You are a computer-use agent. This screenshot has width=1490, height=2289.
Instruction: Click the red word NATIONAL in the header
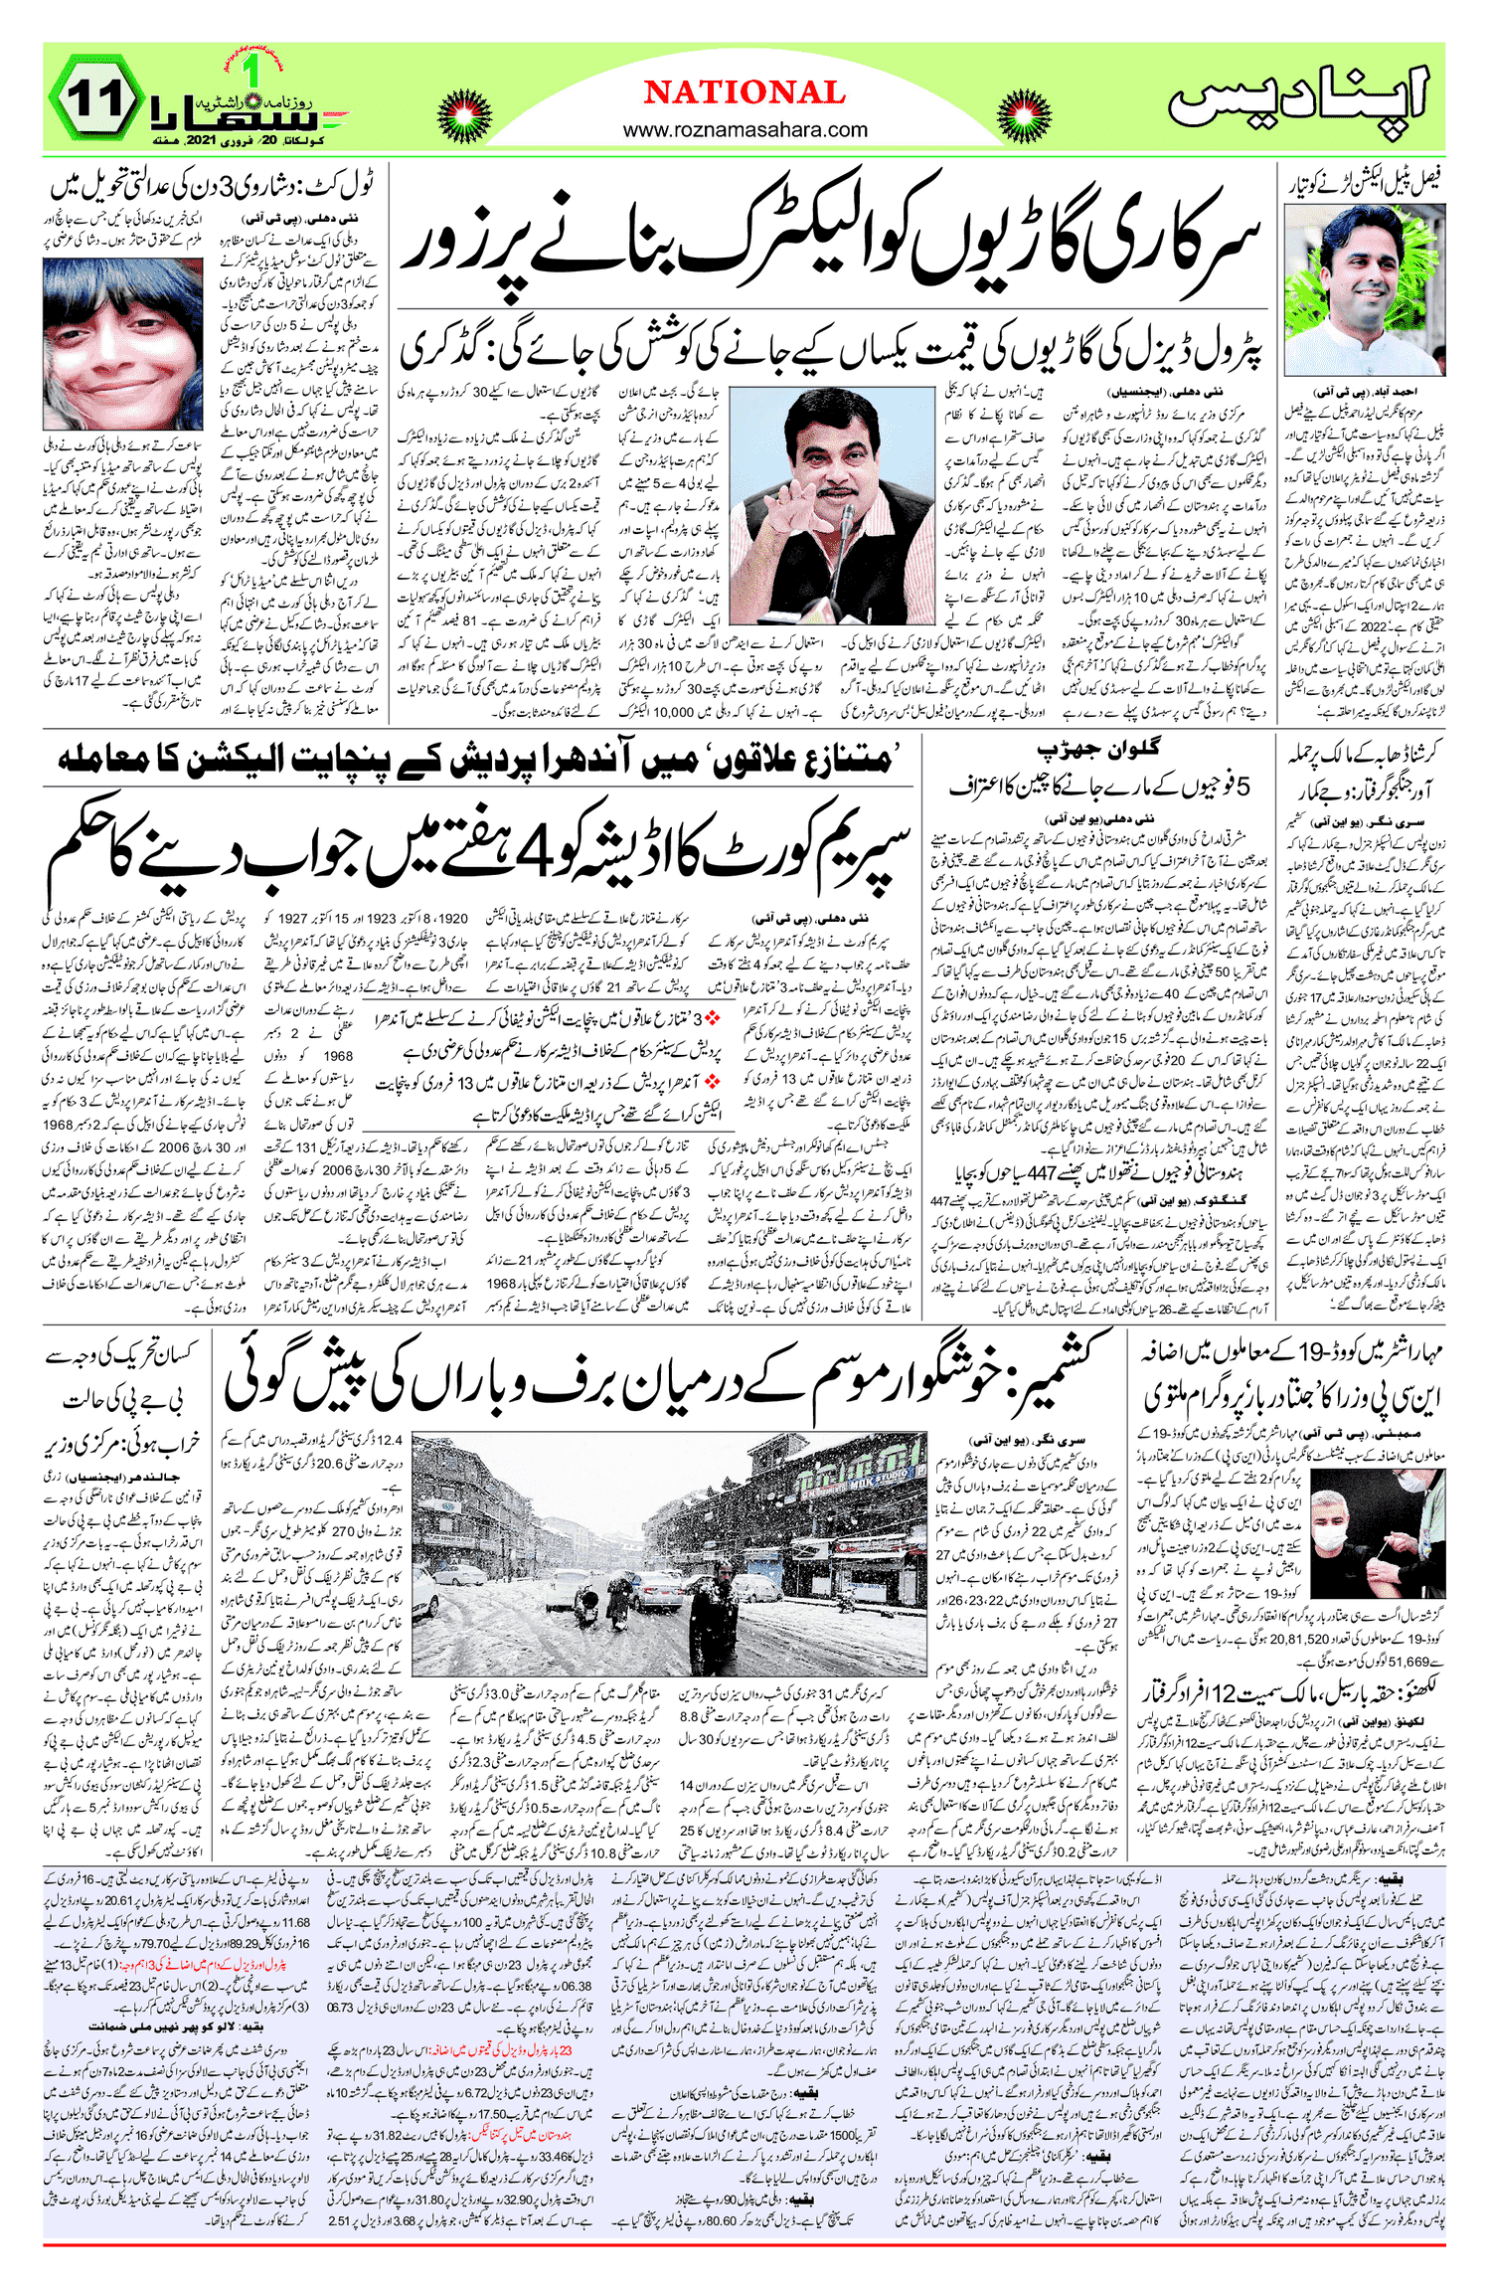pyautogui.click(x=744, y=93)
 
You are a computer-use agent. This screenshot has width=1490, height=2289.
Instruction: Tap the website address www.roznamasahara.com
pyautogui.click(x=745, y=129)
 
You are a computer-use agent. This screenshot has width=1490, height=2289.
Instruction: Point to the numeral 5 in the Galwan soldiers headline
pyautogui.click(x=1241, y=787)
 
